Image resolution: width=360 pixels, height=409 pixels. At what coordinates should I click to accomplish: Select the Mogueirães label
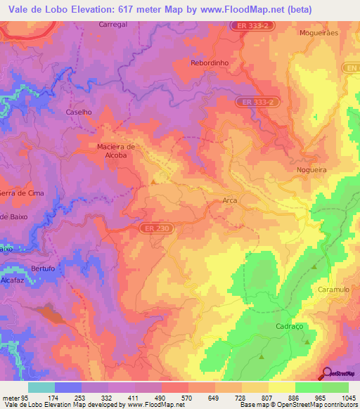[319, 33]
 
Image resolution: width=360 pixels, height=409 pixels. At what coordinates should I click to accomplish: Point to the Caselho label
[79, 112]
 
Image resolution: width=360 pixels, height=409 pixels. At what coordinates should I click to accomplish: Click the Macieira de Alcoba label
[110, 150]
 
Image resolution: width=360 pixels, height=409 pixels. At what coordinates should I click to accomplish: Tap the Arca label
[229, 200]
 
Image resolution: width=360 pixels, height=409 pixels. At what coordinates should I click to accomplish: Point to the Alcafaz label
[12, 279]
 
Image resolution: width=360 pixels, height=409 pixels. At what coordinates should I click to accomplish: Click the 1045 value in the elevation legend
[349, 398]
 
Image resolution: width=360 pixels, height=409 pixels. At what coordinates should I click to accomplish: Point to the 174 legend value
[53, 398]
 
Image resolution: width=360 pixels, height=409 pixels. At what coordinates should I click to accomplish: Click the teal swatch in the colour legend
[41, 387]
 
